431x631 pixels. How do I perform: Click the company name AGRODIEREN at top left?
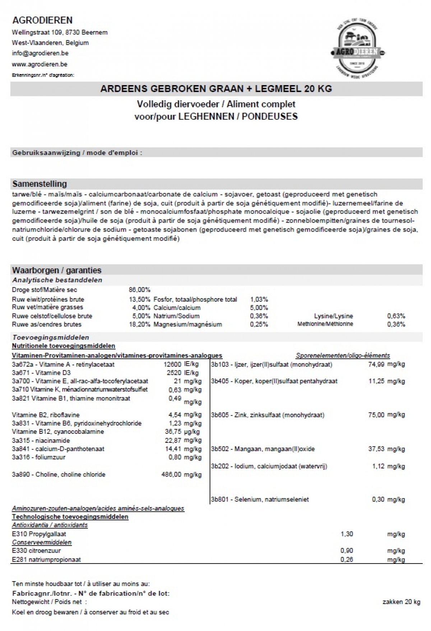(x=42, y=20)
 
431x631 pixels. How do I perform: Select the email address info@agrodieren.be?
(x=40, y=53)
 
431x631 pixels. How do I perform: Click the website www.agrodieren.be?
(x=40, y=64)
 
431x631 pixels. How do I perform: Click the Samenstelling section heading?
(x=40, y=184)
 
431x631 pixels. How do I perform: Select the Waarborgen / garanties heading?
(x=57, y=270)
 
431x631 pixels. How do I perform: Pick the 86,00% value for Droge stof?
(x=139, y=290)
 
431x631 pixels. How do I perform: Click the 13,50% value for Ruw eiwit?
(x=139, y=299)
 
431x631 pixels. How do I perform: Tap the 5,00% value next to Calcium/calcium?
(x=259, y=308)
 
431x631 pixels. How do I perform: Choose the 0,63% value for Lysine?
(x=396, y=316)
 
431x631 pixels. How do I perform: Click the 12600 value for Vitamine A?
(x=172, y=364)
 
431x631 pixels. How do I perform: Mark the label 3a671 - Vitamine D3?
(x=41, y=373)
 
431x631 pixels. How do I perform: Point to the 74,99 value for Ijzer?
(x=376, y=364)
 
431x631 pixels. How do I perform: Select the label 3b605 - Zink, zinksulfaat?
(x=268, y=415)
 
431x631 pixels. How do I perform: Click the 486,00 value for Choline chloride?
(x=171, y=474)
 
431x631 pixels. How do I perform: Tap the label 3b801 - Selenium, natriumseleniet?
(x=260, y=499)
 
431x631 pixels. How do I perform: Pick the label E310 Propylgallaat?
(x=39, y=534)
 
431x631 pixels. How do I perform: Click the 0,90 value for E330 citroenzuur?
(x=347, y=551)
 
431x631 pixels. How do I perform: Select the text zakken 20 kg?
(x=401, y=602)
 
